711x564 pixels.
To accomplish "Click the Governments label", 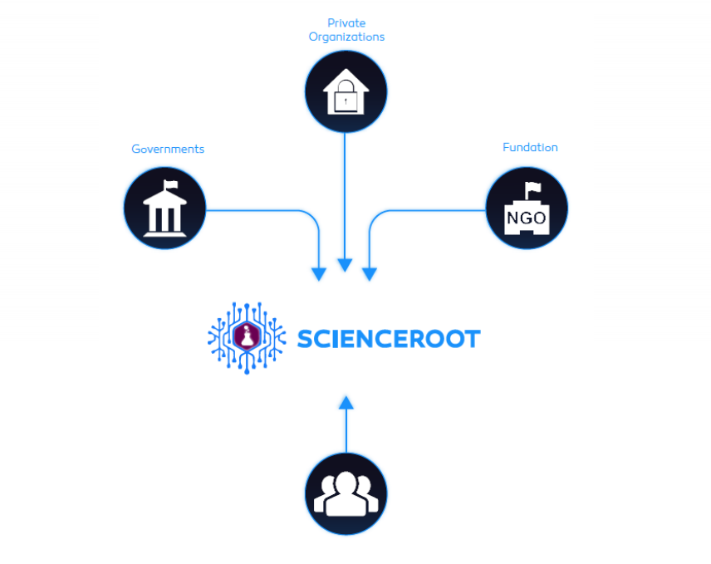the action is pos(168,149).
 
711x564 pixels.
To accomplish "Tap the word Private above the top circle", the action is pos(346,23).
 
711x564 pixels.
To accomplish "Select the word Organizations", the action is pos(346,37).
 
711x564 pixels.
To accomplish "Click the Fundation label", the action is pos(530,147).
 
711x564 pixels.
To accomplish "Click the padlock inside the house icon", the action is pos(346,96).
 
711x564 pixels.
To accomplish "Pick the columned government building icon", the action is pos(165,208).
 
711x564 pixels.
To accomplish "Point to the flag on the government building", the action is pos(170,184).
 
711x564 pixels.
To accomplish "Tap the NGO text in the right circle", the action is pos(527,218).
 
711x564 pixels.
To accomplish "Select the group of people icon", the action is pos(346,493).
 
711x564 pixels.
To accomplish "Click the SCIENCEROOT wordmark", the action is pos(389,339).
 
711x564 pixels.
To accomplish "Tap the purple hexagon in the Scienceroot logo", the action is pos(247,336).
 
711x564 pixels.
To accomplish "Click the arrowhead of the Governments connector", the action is pos(319,274).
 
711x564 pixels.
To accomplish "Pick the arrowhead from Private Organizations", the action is pos(345,265).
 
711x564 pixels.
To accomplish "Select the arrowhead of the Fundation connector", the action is pos(370,274).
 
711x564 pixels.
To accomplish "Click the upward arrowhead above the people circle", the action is pos(346,403).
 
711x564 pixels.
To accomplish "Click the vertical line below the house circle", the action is pos(345,196).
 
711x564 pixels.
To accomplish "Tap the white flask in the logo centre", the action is pos(247,336).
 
